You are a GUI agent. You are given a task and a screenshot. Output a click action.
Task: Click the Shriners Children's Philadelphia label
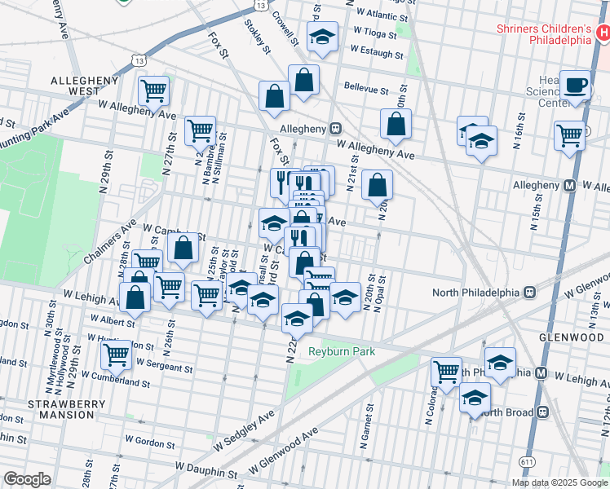click(x=544, y=33)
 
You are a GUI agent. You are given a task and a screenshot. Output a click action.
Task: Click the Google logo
click(x=27, y=479)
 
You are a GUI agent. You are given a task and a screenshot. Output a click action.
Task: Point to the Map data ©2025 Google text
click(x=559, y=482)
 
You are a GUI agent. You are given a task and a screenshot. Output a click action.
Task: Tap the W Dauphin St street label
click(x=208, y=472)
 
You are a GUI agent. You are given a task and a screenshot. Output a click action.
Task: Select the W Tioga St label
click(x=374, y=36)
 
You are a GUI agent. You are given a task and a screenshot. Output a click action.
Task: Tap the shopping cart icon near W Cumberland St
click(x=117, y=355)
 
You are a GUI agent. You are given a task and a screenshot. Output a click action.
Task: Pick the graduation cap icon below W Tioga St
click(x=323, y=37)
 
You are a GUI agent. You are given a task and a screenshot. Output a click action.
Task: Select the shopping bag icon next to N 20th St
click(x=378, y=184)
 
